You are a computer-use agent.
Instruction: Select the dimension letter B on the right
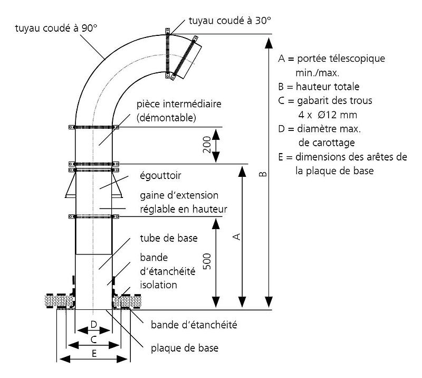[265, 173]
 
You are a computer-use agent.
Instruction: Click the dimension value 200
[207, 145]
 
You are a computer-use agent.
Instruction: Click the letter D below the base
[93, 324]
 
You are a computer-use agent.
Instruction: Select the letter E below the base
[94, 354]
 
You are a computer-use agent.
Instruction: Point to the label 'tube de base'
[169, 238]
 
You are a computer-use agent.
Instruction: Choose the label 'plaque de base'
[184, 348]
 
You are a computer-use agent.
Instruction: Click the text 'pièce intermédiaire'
[178, 103]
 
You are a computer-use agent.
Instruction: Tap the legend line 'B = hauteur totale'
[319, 86]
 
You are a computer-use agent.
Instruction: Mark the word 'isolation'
[158, 285]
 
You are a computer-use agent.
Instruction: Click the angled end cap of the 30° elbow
[188, 61]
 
